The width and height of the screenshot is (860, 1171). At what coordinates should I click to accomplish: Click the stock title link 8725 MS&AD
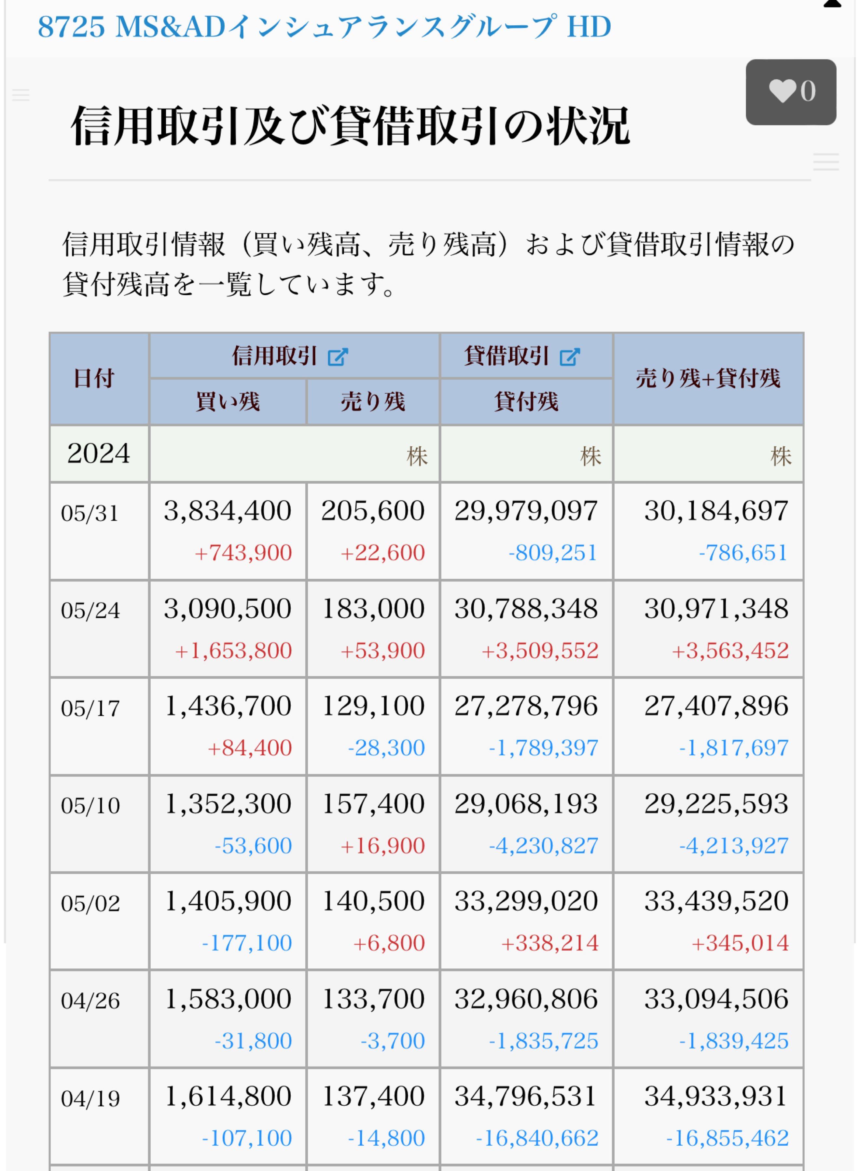point(324,27)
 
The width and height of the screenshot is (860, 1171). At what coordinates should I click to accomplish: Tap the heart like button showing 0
point(790,91)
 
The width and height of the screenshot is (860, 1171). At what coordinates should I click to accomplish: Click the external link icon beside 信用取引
point(337,357)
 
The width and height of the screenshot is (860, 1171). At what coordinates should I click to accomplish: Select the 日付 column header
point(94,378)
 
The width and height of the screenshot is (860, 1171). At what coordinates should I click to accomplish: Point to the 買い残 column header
point(228,402)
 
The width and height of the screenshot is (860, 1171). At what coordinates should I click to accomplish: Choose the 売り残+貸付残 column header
point(708,378)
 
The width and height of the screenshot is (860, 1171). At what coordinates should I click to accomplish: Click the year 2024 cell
point(98,453)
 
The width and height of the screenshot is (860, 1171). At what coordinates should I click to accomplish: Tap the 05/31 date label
point(90,513)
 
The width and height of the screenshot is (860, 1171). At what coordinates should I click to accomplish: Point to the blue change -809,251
point(552,552)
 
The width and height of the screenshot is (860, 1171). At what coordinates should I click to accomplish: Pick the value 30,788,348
point(526,609)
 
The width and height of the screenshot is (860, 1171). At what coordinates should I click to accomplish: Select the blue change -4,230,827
point(543,845)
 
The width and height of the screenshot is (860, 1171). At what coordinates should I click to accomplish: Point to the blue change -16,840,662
point(537,1138)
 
